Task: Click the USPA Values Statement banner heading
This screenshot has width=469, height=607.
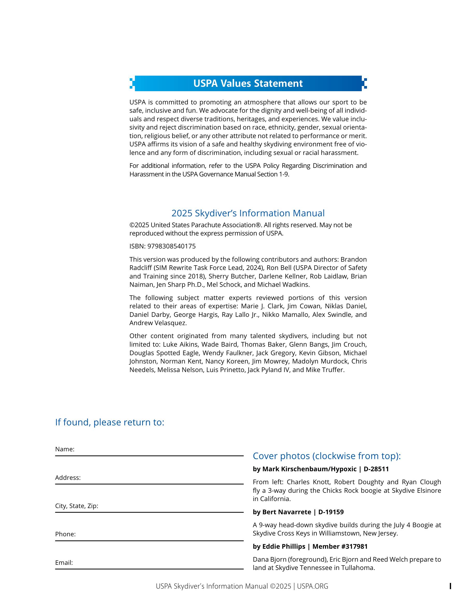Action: click(x=248, y=83)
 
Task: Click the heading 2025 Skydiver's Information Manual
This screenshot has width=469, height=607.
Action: click(x=248, y=213)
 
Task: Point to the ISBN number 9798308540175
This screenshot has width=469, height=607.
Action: click(x=171, y=246)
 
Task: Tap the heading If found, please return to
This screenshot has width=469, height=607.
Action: click(x=110, y=422)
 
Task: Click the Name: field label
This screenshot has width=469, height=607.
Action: click(x=65, y=449)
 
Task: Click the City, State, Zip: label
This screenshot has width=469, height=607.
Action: click(x=77, y=506)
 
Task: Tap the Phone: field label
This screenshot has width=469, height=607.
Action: click(x=65, y=534)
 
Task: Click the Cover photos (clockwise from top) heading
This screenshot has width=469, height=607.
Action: click(x=327, y=456)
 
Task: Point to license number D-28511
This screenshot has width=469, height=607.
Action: click(x=376, y=469)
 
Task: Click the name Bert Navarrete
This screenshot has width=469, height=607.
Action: click(x=287, y=512)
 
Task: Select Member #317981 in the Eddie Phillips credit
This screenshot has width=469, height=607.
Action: click(x=340, y=546)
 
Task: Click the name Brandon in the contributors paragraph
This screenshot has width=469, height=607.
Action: click(x=353, y=259)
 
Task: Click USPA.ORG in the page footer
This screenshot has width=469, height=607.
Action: click(x=313, y=587)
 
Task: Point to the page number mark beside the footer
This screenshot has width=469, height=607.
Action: click(x=450, y=586)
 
